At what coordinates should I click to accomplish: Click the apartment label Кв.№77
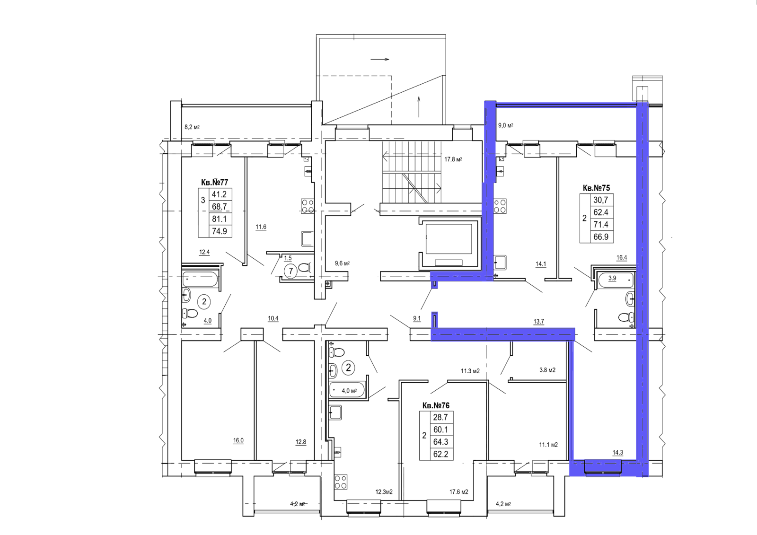pyautogui.click(x=215, y=183)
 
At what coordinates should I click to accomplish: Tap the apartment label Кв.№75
pyautogui.click(x=597, y=188)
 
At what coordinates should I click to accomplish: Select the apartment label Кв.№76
pyautogui.click(x=436, y=405)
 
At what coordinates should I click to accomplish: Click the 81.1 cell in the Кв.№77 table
pyautogui.click(x=220, y=219)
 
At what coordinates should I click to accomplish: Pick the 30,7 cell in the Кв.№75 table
pyautogui.click(x=601, y=200)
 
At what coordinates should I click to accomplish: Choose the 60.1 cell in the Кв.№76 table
pyautogui.click(x=440, y=430)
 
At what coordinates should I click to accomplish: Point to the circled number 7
pyautogui.click(x=291, y=271)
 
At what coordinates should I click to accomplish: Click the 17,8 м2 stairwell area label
pyautogui.click(x=453, y=159)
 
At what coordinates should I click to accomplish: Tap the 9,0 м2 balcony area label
pyautogui.click(x=506, y=125)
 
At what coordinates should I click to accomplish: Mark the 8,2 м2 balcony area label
pyautogui.click(x=192, y=127)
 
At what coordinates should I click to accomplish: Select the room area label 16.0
pyautogui.click(x=238, y=440)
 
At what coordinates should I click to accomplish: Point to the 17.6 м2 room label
pyautogui.click(x=458, y=492)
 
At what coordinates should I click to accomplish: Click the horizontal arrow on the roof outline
pyautogui.click(x=380, y=60)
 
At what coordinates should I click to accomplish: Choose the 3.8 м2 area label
pyautogui.click(x=547, y=370)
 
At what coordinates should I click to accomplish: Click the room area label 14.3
pyautogui.click(x=618, y=453)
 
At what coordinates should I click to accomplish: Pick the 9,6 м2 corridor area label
pyautogui.click(x=342, y=263)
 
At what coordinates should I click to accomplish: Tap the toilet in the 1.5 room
pyautogui.click(x=305, y=267)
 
